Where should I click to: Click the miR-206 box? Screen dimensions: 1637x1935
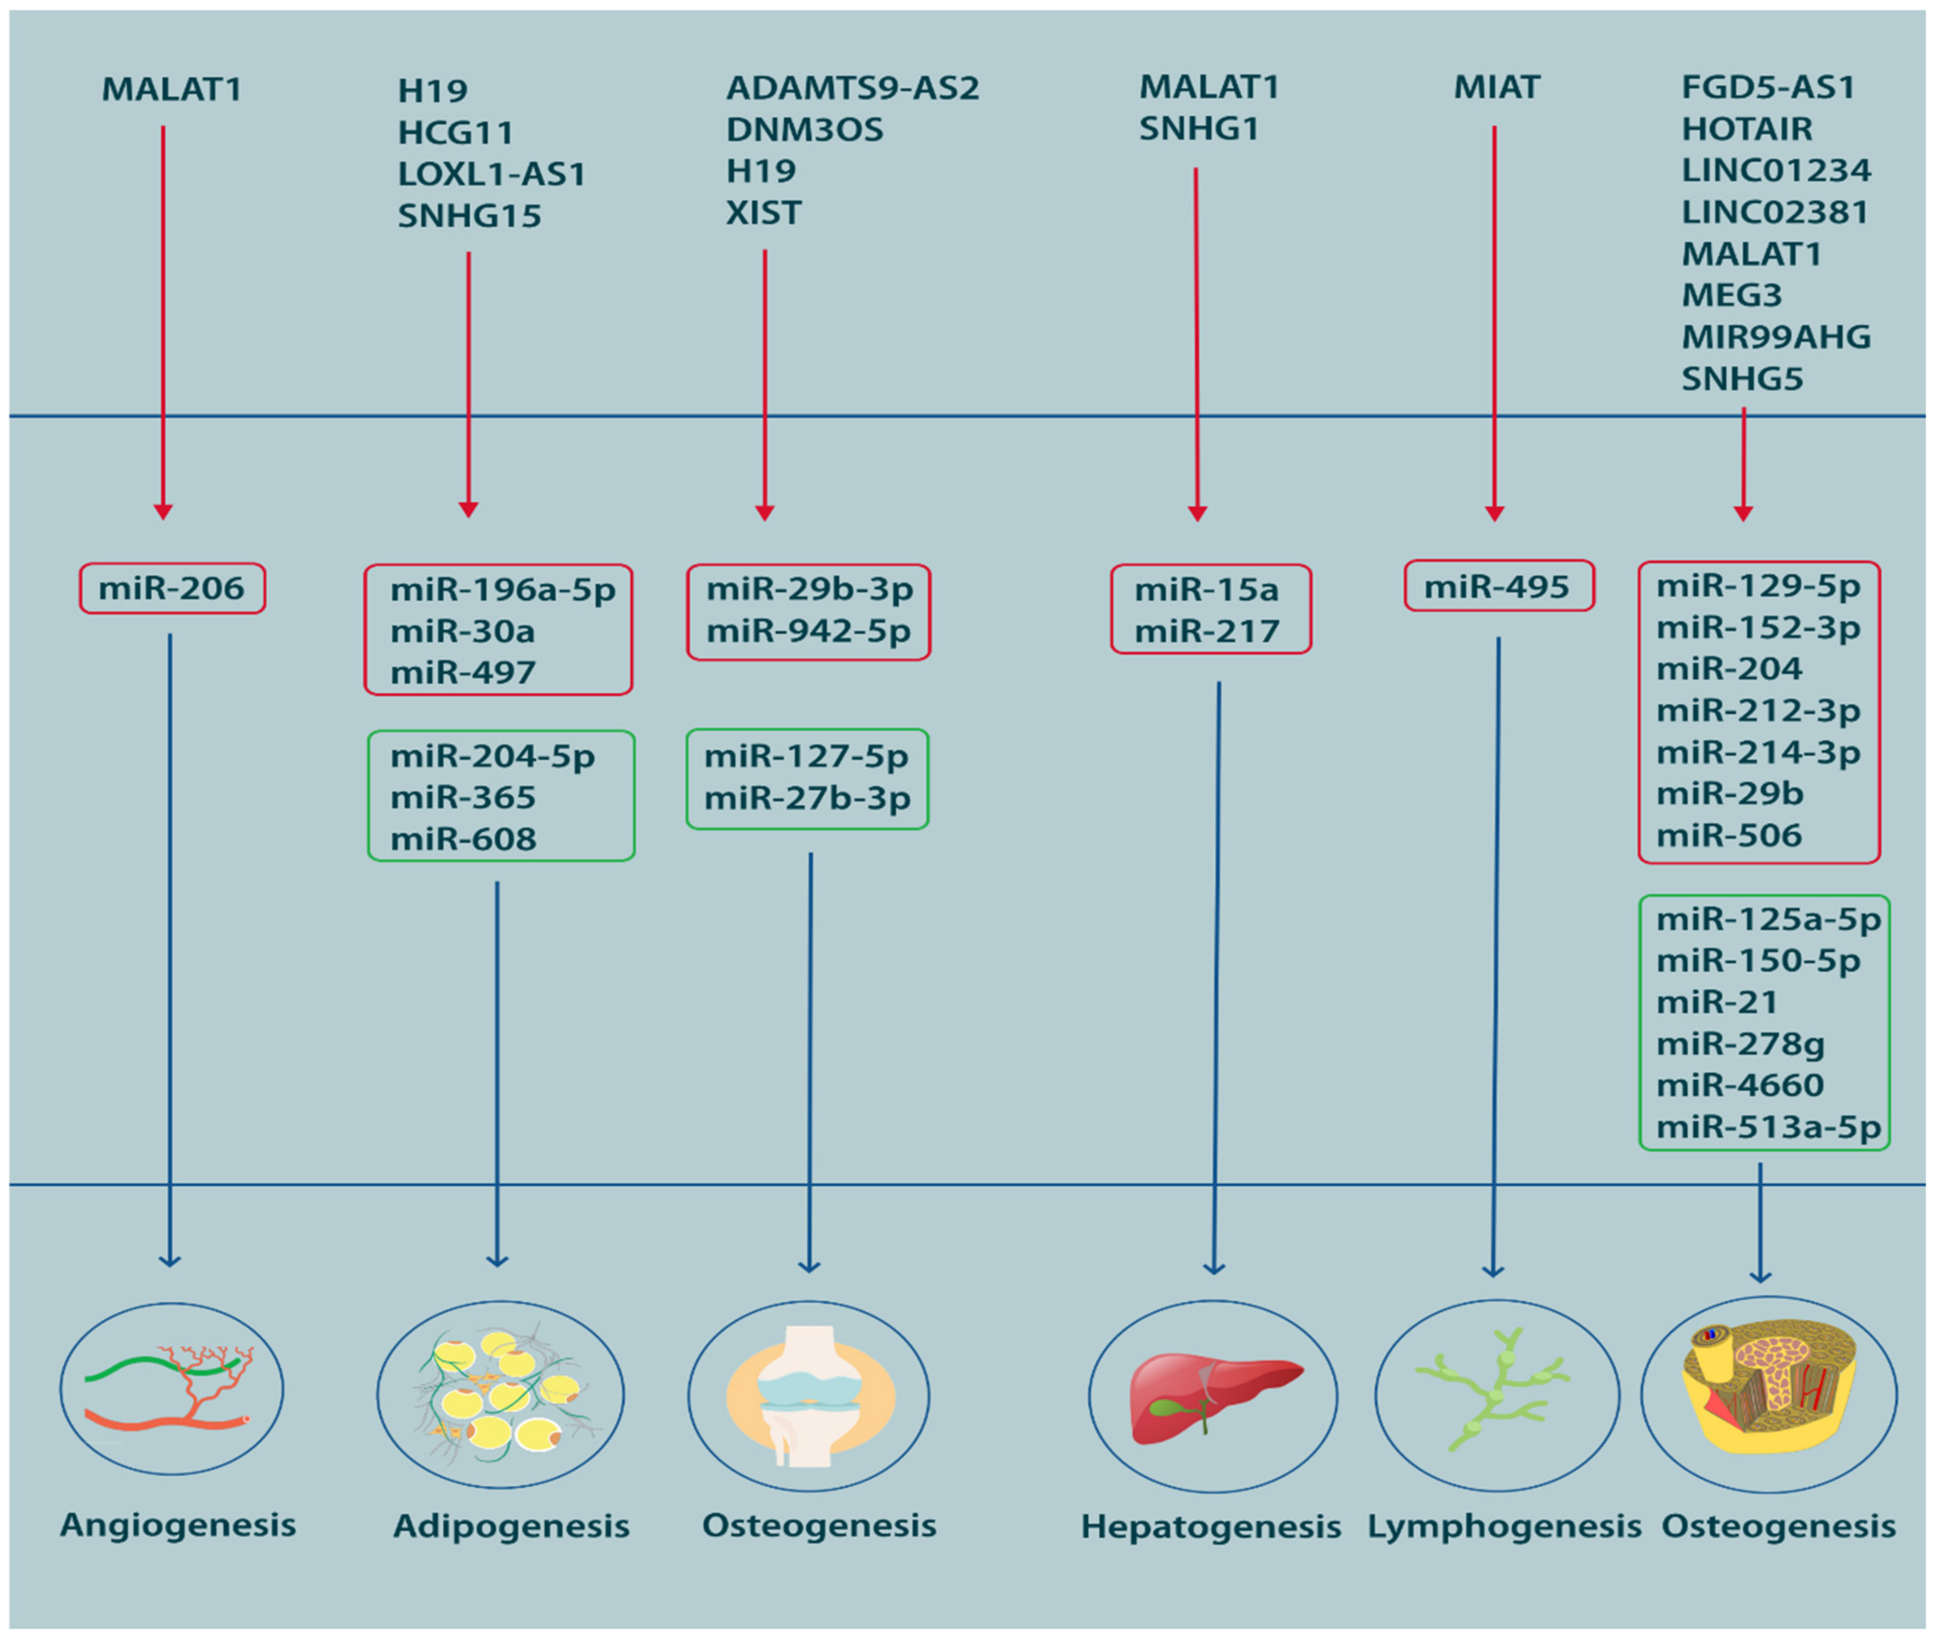point(172,588)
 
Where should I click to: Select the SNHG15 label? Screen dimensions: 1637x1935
point(470,216)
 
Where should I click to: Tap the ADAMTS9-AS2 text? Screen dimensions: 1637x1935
point(852,88)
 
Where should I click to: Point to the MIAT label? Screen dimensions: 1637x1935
point(1496,87)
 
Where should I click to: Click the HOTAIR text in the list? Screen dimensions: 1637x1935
point(1746,129)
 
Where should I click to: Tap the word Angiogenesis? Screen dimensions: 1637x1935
point(177,1525)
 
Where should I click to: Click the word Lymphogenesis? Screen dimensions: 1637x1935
point(1503,1526)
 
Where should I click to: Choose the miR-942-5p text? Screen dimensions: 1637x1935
point(808,631)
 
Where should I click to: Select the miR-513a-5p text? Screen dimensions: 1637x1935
point(1768,1127)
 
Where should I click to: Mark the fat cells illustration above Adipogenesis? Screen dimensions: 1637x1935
point(500,1395)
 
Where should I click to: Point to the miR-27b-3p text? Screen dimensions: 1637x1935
point(806,798)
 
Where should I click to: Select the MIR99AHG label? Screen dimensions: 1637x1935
point(1775,337)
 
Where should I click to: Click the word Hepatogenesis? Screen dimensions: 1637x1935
point(1210,1526)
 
